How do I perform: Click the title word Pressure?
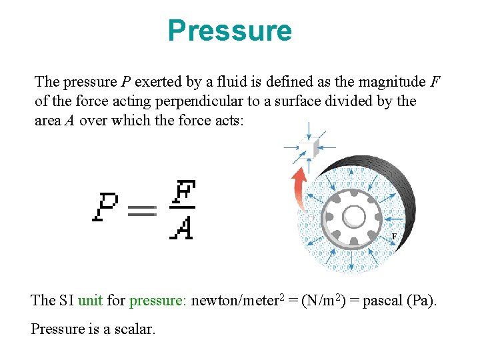[x=229, y=31]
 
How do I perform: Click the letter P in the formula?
[x=107, y=208]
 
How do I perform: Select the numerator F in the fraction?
[x=181, y=194]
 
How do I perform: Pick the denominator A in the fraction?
[x=181, y=228]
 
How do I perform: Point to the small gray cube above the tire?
[x=307, y=149]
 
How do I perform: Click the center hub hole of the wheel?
[x=353, y=217]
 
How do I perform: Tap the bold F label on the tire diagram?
[x=393, y=237]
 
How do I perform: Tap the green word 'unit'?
[x=91, y=300]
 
